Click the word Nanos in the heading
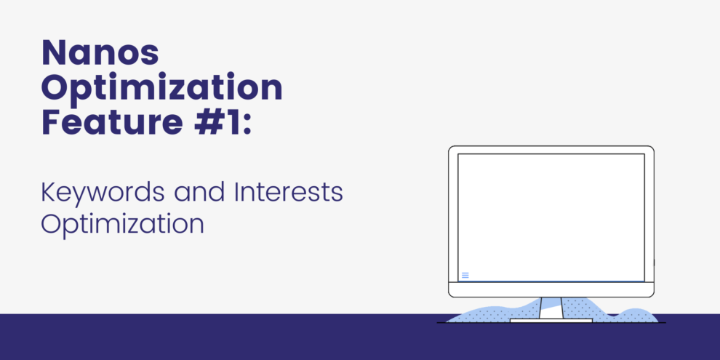pos(100,54)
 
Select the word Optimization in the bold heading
pos(161,88)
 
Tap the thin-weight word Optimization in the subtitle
pos(122,223)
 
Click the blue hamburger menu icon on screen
pos(465,275)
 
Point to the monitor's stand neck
pos(551,308)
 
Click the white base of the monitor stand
pos(550,320)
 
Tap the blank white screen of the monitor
pos(551,215)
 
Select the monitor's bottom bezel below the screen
pos(551,289)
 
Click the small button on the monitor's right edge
pos(654,262)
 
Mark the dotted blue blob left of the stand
pos(495,313)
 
